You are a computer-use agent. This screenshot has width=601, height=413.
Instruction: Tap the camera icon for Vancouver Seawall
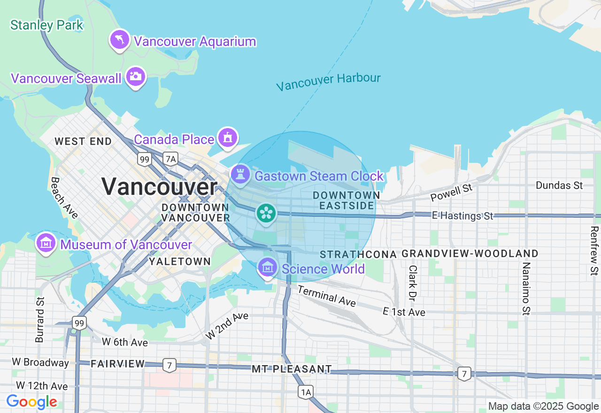(x=136, y=76)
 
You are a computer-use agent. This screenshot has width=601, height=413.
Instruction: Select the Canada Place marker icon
(x=228, y=138)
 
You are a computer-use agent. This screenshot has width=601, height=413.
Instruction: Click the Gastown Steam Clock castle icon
(x=240, y=175)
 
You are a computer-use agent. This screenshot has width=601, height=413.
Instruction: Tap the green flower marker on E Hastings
(x=266, y=214)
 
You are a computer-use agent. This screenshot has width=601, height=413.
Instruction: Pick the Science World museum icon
(x=268, y=268)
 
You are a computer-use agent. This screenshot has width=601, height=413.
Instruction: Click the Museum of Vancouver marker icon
(x=46, y=243)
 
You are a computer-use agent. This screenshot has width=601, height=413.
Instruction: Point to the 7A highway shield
(x=170, y=160)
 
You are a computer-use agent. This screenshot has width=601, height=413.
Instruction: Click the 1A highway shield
(x=306, y=392)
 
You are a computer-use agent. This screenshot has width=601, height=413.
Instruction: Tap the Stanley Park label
(x=47, y=25)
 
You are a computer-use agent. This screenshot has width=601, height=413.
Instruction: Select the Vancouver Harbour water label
(x=328, y=82)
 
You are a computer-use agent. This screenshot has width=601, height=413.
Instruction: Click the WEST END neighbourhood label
(x=83, y=141)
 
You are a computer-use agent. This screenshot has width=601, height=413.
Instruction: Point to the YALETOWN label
(x=179, y=261)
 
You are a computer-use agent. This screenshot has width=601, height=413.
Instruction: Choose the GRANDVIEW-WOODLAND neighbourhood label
(x=470, y=254)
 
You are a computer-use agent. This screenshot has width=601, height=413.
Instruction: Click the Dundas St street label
(x=559, y=185)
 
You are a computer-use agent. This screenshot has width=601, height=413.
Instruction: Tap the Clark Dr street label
(x=413, y=283)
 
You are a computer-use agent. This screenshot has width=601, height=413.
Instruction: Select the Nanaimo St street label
(x=526, y=288)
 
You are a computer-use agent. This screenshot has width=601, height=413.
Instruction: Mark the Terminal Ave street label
(x=326, y=296)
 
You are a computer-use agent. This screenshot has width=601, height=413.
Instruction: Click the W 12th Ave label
(x=42, y=386)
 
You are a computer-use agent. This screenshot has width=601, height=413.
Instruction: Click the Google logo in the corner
(x=31, y=402)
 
